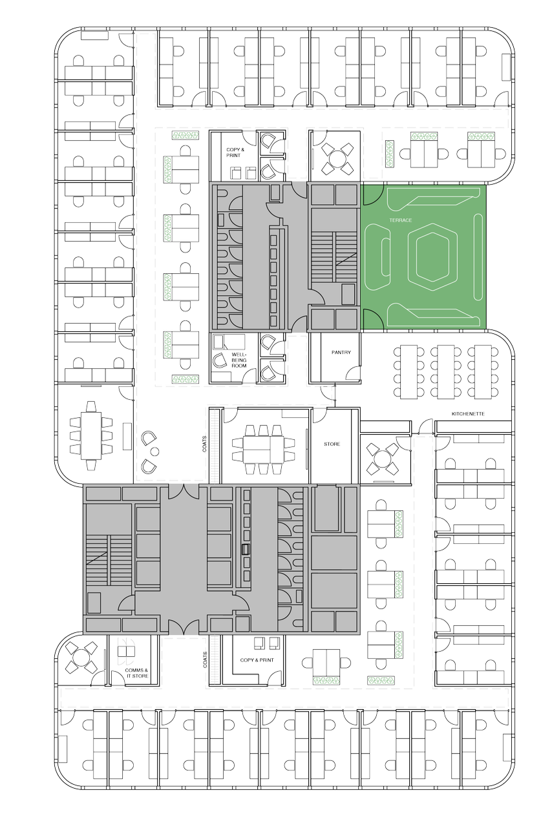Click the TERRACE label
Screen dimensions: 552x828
(400, 220)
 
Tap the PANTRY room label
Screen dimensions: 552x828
(341, 353)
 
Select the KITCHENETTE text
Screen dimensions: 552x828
(467, 413)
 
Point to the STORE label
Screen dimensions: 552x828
(332, 444)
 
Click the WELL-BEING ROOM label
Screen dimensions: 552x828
(239, 360)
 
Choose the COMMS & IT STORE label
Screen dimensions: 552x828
(136, 673)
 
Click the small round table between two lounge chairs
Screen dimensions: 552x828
(155, 451)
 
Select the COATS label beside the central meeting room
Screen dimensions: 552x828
(204, 444)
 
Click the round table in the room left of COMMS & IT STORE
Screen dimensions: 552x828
(81, 657)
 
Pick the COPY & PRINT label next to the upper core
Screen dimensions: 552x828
(235, 152)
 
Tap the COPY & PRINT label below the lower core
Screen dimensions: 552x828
(257, 660)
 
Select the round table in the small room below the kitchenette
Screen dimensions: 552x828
(382, 459)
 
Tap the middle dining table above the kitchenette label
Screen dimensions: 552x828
(445, 371)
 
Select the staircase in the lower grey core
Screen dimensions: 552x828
(109, 560)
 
